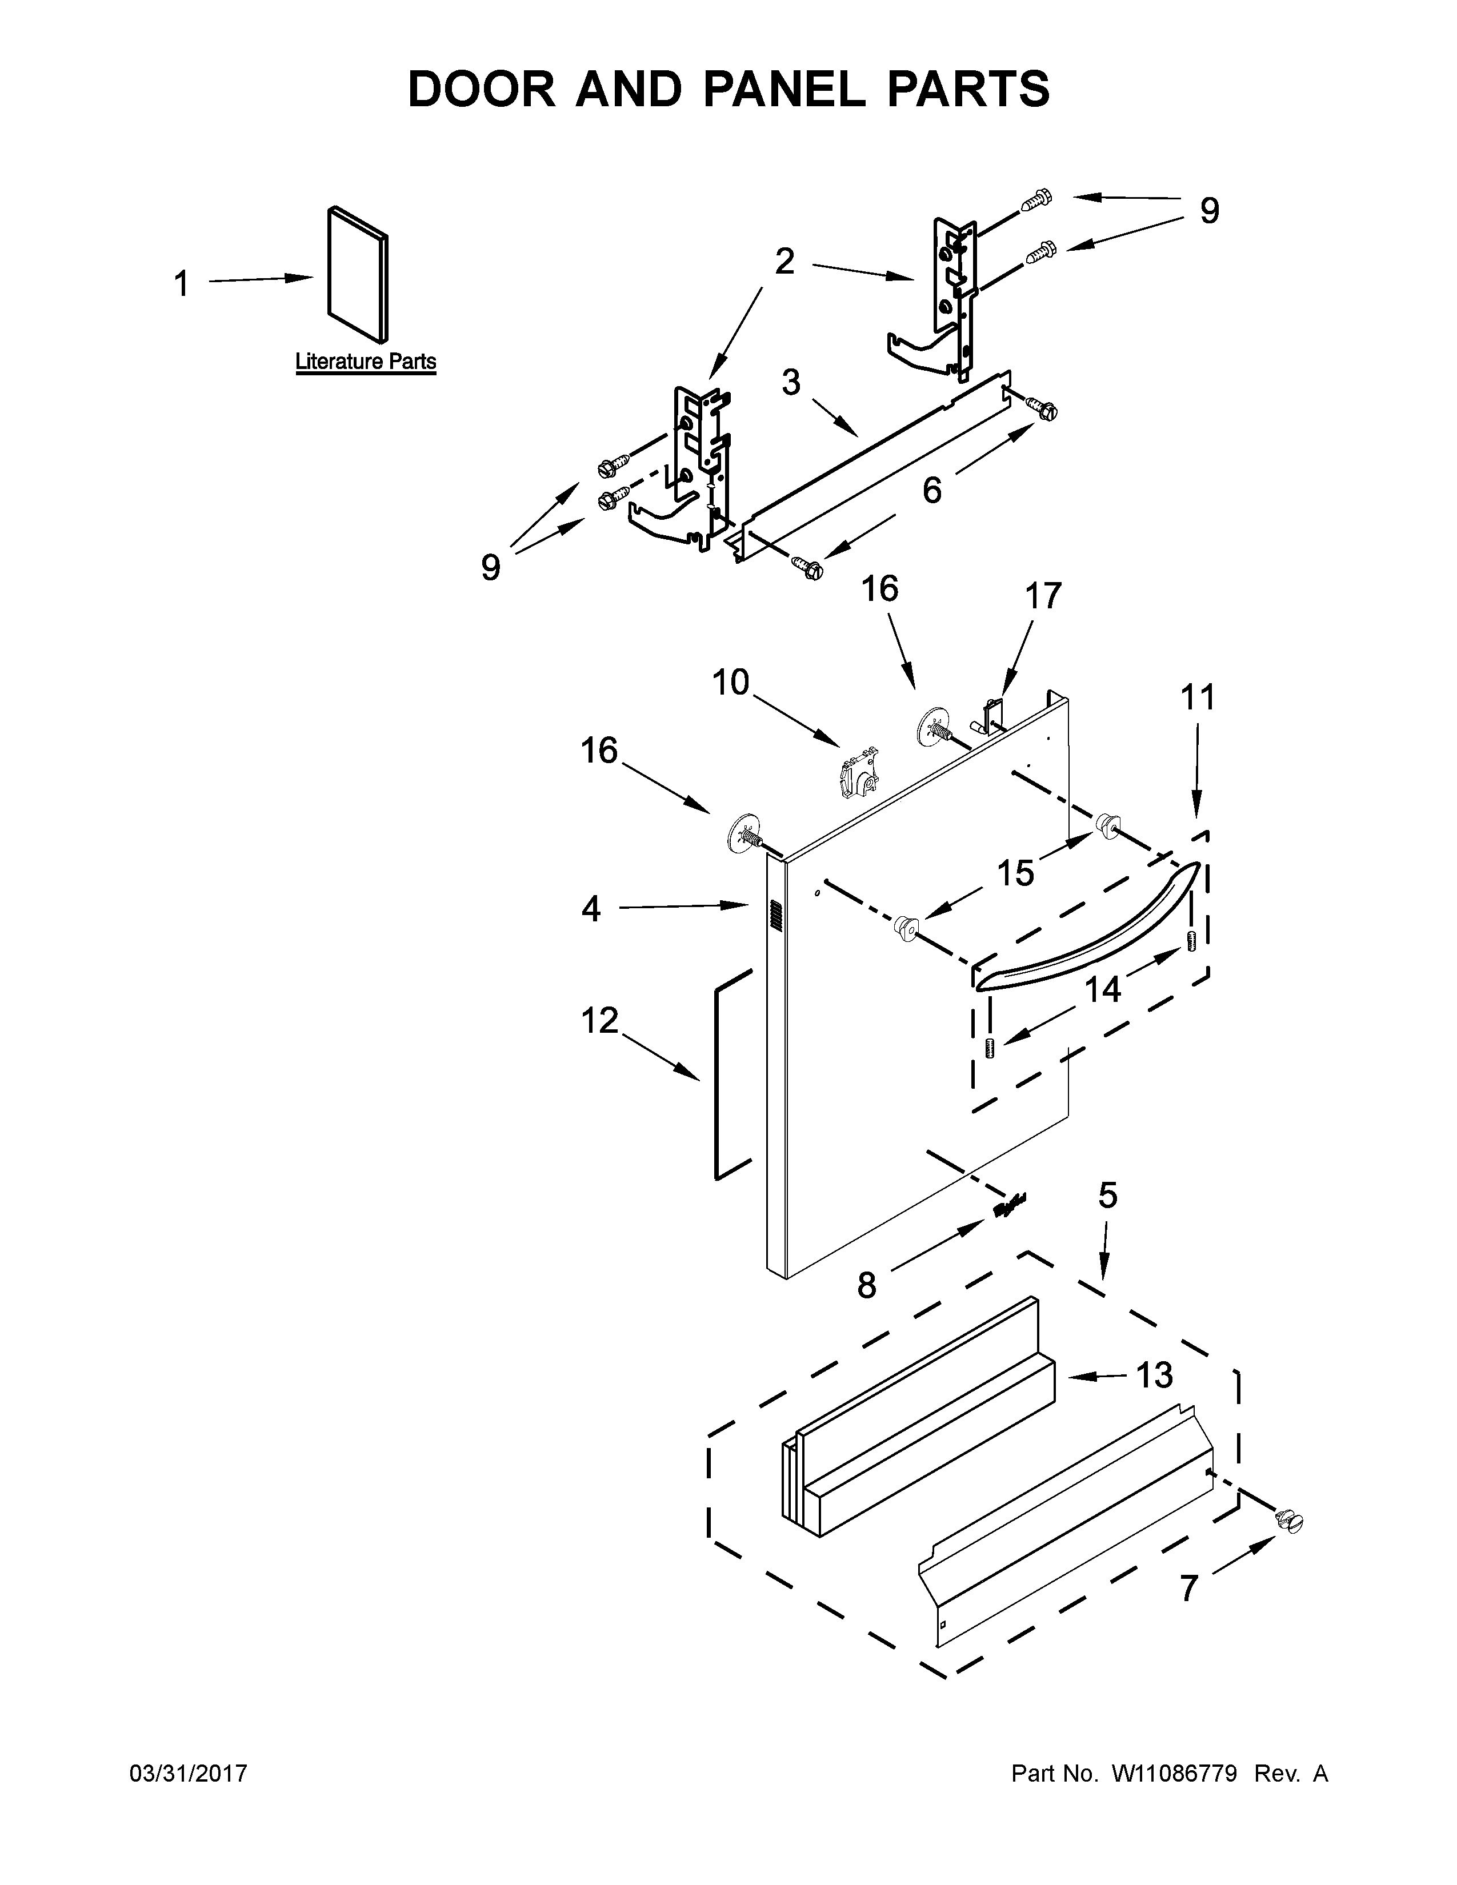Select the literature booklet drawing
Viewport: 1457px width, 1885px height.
[357, 274]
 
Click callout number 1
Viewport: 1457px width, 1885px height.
[181, 284]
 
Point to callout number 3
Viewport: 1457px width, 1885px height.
[791, 382]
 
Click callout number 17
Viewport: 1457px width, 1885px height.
[1043, 596]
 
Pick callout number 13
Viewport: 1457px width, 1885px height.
[1154, 1375]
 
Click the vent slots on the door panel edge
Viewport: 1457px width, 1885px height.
[774, 917]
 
